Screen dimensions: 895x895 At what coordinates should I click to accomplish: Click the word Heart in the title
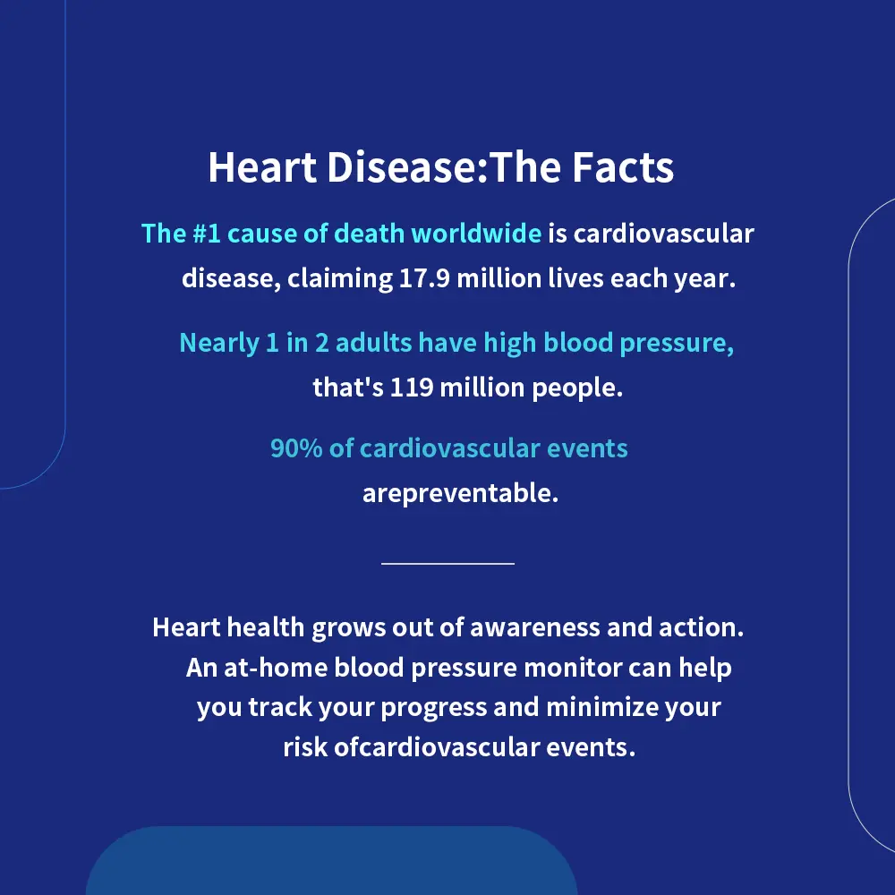click(262, 167)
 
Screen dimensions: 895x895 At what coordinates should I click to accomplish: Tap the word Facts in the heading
click(623, 167)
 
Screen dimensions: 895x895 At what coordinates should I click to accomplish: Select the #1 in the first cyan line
click(207, 234)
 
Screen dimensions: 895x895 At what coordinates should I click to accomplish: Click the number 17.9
click(424, 278)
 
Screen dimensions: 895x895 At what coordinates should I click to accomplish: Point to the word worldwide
click(476, 234)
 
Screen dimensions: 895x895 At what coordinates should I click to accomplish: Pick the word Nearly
click(219, 343)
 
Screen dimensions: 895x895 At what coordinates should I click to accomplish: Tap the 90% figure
click(296, 448)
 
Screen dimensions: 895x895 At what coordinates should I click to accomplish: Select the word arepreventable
click(460, 493)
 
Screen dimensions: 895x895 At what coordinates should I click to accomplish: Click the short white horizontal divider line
click(448, 563)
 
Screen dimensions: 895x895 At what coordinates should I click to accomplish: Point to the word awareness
click(535, 627)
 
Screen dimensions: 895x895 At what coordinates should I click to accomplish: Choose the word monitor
click(573, 668)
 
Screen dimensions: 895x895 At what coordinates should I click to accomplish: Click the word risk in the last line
click(305, 747)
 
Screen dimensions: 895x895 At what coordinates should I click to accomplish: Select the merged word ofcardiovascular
click(437, 747)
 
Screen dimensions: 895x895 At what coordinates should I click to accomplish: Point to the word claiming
click(339, 279)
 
